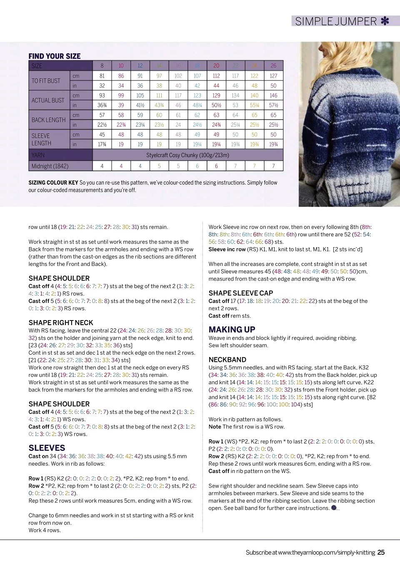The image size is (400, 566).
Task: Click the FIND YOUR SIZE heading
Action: tap(55, 56)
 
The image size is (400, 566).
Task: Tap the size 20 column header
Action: tap(216, 66)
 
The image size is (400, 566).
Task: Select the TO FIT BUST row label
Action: tap(46, 81)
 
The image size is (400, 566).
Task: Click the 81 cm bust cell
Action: tap(102, 76)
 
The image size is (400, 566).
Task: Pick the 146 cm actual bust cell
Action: tap(273, 95)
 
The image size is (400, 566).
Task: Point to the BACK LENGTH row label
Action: tap(48, 120)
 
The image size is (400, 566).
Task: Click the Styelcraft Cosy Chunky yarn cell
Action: tap(187, 155)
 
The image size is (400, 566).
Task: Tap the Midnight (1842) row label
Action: tap(50, 166)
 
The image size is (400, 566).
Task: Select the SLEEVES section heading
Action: tap(47, 448)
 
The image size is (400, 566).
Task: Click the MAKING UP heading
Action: tap(232, 330)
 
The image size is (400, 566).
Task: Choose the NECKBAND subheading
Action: tap(227, 360)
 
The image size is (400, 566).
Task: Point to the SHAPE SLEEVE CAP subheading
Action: tap(241, 293)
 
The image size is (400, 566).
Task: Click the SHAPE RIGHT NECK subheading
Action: tap(61, 323)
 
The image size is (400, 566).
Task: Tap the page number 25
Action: tap(381, 553)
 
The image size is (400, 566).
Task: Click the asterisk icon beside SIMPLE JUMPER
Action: tap(385, 21)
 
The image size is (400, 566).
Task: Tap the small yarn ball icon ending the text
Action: tap(334, 508)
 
